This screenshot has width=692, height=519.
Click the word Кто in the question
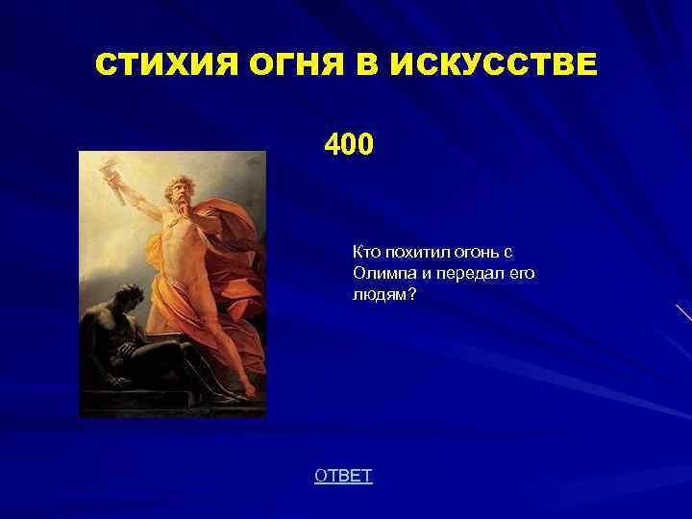tap(366, 252)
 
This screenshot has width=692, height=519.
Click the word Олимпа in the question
tap(383, 273)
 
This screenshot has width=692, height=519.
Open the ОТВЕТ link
tap(343, 476)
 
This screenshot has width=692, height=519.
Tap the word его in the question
tap(523, 273)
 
